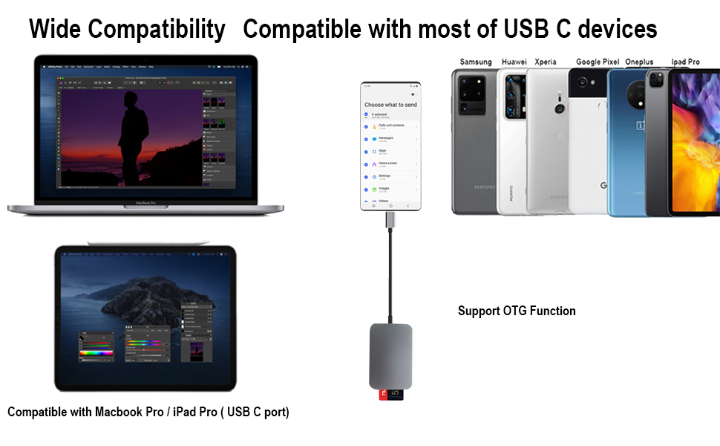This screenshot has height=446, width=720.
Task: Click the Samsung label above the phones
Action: pos(476,62)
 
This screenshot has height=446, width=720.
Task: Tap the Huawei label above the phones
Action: pos(514,62)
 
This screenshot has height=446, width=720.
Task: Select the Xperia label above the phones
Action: pos(546,62)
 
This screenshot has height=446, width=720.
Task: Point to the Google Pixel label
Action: pos(598,62)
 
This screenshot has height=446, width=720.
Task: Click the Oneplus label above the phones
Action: pos(639,62)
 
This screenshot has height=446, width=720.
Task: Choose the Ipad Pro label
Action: pos(685,62)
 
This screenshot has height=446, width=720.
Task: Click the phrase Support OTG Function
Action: pos(517,311)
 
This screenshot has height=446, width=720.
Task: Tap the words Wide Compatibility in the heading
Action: pos(127,29)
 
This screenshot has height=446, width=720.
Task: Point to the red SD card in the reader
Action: pos(384,395)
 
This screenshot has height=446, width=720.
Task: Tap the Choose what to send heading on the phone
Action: pos(390,105)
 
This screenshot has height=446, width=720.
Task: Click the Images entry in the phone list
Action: pos(384,189)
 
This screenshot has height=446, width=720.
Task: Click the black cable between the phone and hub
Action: pos(390,275)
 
